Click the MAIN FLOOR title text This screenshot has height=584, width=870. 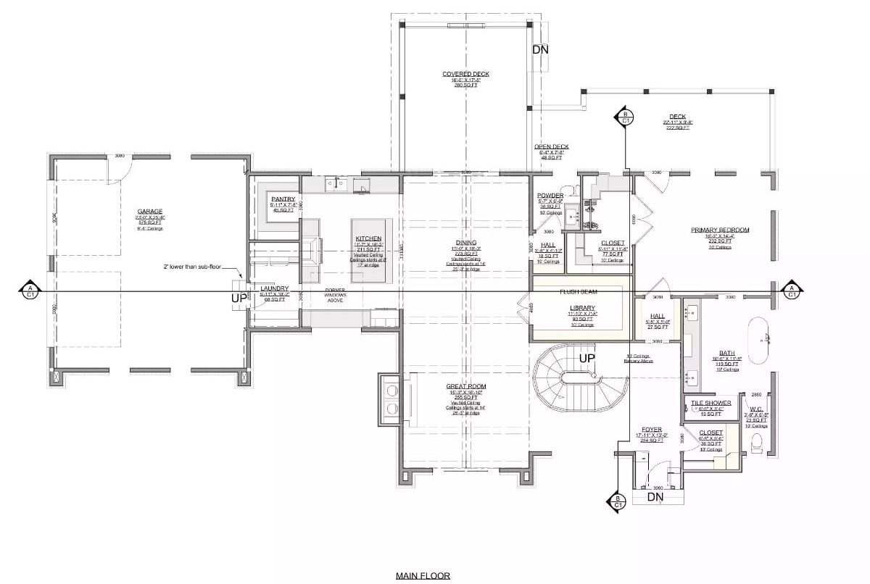coord(423,576)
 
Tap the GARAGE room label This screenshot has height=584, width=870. coord(150,212)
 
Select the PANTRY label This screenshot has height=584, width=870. coord(283,199)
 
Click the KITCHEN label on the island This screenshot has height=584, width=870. coord(368,238)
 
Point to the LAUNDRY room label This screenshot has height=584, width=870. coord(275,288)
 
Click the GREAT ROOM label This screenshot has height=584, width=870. coord(466,387)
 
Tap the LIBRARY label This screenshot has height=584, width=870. coord(581,308)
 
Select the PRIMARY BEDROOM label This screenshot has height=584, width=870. coord(719,230)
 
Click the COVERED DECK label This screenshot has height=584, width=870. coord(465,74)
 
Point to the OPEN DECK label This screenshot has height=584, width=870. coord(552,147)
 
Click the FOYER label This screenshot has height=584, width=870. coord(651,430)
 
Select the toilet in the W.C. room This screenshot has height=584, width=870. coord(758,441)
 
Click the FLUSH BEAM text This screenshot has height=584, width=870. coord(578,292)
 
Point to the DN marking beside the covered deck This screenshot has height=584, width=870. coord(540,50)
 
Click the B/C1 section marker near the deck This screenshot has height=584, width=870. coord(623,116)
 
